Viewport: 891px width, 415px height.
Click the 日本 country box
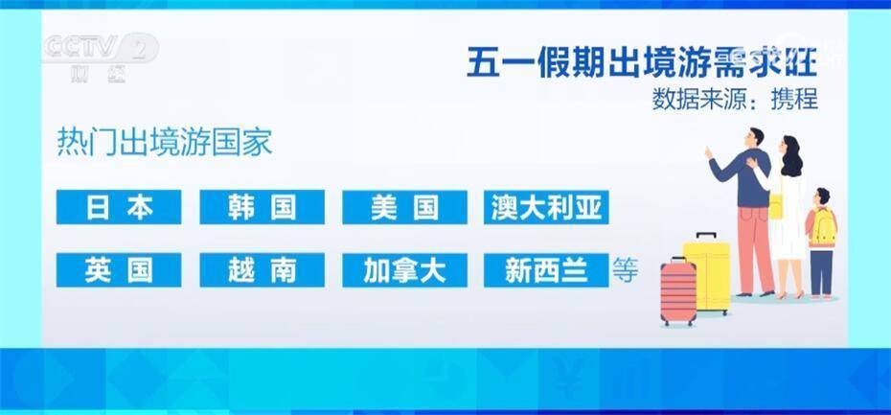point(119,207)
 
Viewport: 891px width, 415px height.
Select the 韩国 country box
point(262,207)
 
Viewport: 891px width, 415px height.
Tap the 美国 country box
point(404,207)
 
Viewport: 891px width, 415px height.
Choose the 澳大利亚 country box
point(546,207)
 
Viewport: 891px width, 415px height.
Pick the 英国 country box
point(119,270)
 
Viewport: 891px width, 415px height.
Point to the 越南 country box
point(262,270)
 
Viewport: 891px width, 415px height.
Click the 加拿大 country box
point(404,270)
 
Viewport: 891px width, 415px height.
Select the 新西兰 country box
point(546,270)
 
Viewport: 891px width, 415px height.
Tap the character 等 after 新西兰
point(625,270)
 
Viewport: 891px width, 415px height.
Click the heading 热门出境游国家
point(165,143)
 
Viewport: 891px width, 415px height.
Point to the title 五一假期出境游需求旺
point(642,62)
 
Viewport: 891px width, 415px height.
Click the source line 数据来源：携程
point(735,100)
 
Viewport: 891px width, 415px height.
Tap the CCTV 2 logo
point(101,57)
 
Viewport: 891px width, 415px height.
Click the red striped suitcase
point(678,292)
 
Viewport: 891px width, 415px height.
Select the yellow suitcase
point(706,274)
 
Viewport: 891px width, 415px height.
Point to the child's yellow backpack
point(824,227)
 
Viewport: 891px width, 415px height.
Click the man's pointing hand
point(709,152)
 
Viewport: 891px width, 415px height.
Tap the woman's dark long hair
point(791,156)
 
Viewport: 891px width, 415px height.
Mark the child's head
point(822,196)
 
